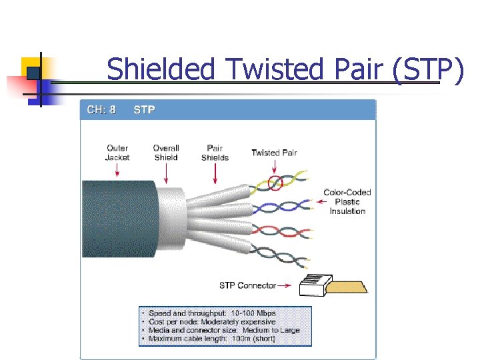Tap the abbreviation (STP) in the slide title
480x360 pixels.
[x=427, y=69]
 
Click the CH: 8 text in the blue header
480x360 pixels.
[x=101, y=109]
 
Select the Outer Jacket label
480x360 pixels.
[x=117, y=153]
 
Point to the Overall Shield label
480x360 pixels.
[x=166, y=153]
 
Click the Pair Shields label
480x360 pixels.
[x=215, y=153]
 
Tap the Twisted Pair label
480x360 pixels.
[x=274, y=153]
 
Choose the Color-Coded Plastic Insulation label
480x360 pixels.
[x=347, y=201]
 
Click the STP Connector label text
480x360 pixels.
[x=247, y=285]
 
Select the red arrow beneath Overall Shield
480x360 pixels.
[x=166, y=175]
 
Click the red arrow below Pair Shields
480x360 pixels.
[x=215, y=175]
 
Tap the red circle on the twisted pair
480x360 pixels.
[x=275, y=182]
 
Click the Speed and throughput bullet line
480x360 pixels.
[x=212, y=313]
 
